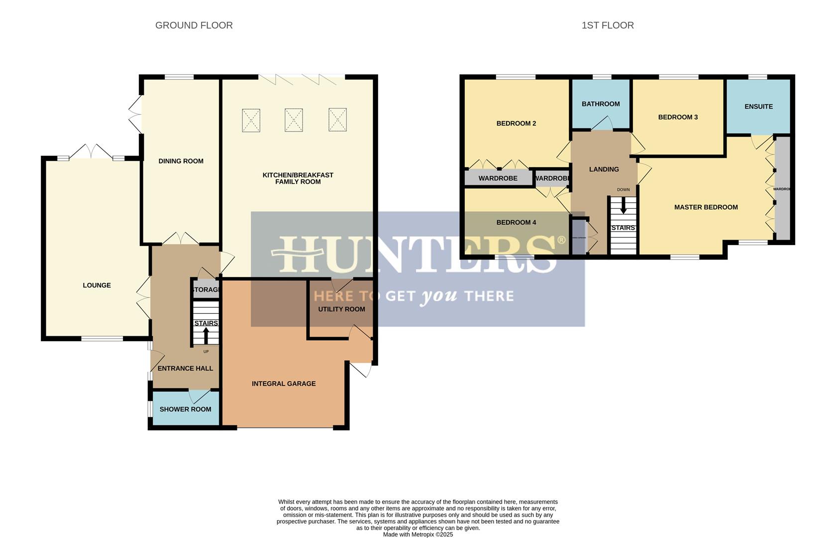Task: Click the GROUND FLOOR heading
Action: (x=194, y=25)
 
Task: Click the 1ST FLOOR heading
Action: (x=607, y=25)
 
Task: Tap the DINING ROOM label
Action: (x=181, y=161)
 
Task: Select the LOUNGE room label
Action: (x=97, y=285)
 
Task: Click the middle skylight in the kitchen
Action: (x=294, y=120)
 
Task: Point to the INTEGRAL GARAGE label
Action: (x=284, y=384)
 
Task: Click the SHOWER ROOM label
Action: (x=185, y=409)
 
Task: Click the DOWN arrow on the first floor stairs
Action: (x=623, y=206)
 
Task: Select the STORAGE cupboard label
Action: (x=206, y=290)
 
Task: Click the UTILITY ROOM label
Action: (x=341, y=309)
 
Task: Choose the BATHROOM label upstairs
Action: (x=601, y=104)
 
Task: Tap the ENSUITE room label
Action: (x=758, y=107)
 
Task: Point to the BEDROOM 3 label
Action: (x=678, y=118)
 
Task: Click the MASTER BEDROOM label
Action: (x=706, y=207)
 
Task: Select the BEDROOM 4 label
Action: (x=516, y=223)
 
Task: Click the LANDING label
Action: (x=604, y=169)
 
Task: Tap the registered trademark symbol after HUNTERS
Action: (x=561, y=241)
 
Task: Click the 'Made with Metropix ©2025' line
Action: (x=418, y=535)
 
